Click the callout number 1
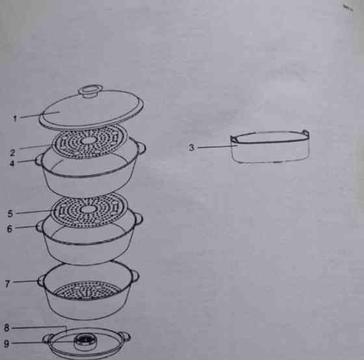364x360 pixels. [15, 119]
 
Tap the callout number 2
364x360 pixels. [13, 153]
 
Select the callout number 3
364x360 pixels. [192, 148]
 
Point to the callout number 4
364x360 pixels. [12, 163]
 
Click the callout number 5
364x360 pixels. [10, 214]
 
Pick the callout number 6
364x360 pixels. [10, 229]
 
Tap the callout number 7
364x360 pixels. [8, 283]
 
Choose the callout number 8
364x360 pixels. [6, 328]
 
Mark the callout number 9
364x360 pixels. [6, 343]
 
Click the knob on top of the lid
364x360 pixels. [90, 91]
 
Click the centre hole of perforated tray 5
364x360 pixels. [87, 209]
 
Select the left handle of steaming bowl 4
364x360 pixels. [39, 160]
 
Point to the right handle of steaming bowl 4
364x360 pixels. [141, 148]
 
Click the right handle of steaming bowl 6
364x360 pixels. [139, 218]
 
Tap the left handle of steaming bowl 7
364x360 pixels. [41, 280]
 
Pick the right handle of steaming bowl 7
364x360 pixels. [135, 276]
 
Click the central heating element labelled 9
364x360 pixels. [85, 341]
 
